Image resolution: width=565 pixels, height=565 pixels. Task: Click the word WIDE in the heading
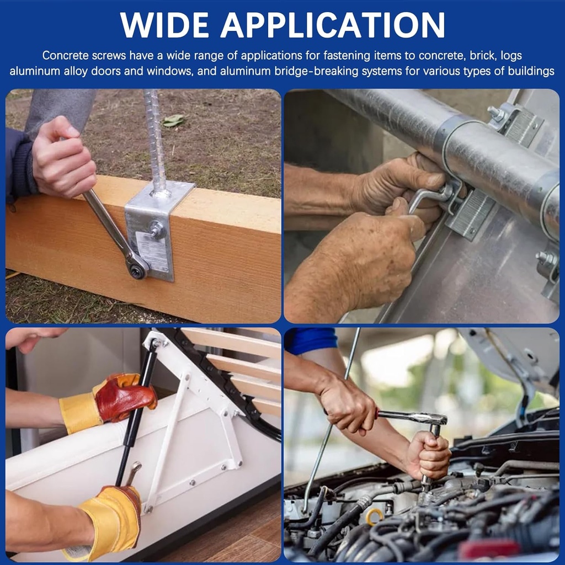pos(164,25)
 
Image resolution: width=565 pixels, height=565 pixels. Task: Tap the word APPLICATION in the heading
pos(333,25)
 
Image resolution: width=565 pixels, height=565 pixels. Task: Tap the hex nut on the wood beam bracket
pos(157,229)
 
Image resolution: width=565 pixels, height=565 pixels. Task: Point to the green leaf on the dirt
pos(173,121)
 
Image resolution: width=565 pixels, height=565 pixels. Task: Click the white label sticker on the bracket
pos(153,251)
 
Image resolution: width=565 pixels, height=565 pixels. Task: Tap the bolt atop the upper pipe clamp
pos(496,114)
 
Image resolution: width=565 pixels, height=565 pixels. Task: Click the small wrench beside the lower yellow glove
pos(133,473)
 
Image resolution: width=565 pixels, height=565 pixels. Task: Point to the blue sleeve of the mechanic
pos(311,340)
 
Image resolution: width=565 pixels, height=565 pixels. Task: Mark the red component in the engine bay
pos(490,550)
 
